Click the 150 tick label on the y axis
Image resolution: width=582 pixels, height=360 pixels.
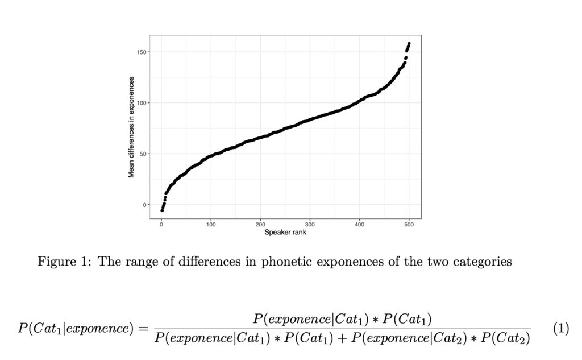pyautogui.click(x=140, y=52)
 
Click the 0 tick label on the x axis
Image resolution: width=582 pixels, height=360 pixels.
pyautogui.click(x=161, y=225)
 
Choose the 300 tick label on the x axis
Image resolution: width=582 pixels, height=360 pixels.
pyautogui.click(x=310, y=225)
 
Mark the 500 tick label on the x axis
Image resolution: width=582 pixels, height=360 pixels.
pyautogui.click(x=409, y=225)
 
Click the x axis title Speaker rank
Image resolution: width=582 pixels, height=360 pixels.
pyautogui.click(x=285, y=232)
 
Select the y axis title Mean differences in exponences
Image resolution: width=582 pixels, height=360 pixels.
pyautogui.click(x=131, y=127)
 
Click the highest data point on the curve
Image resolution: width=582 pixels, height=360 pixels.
pyautogui.click(x=409, y=44)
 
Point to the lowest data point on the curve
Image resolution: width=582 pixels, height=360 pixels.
pyautogui.click(x=162, y=210)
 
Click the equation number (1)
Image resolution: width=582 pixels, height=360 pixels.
pyautogui.click(x=561, y=328)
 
